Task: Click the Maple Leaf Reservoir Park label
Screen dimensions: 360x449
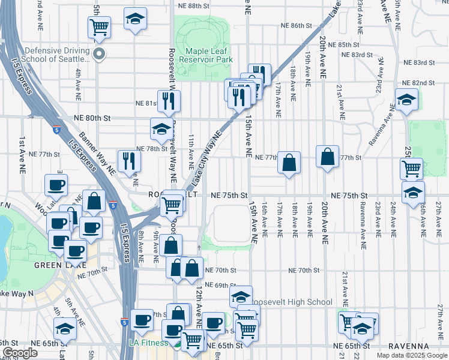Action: pos(209,55)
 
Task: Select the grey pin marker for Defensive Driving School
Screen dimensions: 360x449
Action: pos(100,55)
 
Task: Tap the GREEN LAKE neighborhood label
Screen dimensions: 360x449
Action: pos(60,265)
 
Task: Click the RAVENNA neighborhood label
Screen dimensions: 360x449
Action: pos(408,346)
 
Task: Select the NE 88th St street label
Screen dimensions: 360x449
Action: pos(193,5)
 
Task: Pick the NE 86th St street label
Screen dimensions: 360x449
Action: pos(298,26)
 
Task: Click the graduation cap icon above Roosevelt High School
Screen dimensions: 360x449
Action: pos(241,296)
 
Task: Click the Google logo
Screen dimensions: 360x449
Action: pos(20,353)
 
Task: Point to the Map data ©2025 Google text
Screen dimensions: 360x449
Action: pos(412,355)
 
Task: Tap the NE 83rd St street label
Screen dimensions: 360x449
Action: pos(419,62)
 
